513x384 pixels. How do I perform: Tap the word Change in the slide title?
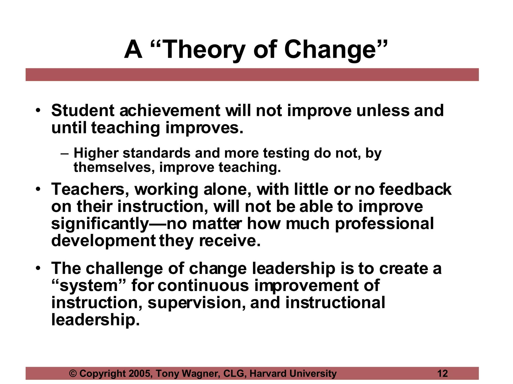click(x=330, y=50)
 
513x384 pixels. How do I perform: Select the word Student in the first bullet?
click(x=83, y=110)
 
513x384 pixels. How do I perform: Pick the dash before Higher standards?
click(x=64, y=153)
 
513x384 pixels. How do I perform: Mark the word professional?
click(x=384, y=224)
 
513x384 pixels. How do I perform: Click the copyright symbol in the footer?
click(x=73, y=373)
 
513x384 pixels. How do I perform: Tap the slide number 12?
click(x=442, y=373)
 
